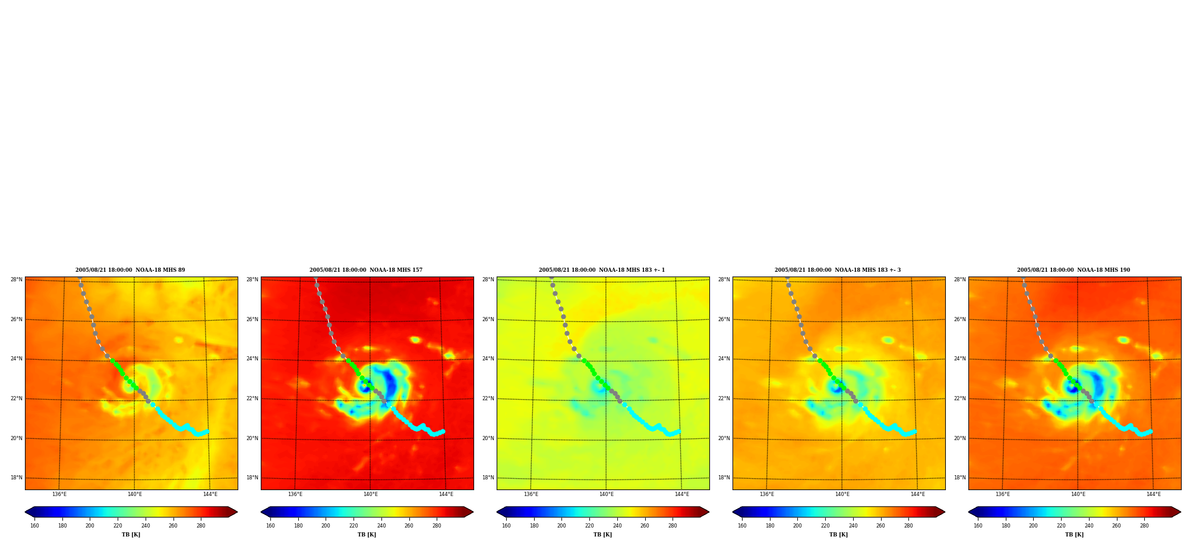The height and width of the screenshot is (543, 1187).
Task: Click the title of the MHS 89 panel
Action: click(x=130, y=270)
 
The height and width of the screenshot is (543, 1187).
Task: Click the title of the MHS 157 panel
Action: click(x=366, y=270)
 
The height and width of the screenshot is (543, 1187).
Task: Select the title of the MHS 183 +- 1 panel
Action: click(x=602, y=270)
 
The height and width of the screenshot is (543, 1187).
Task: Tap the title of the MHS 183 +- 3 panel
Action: click(x=838, y=270)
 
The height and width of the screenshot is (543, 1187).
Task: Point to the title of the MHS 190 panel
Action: click(x=1074, y=270)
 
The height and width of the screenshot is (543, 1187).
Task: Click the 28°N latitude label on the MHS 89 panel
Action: click(x=17, y=280)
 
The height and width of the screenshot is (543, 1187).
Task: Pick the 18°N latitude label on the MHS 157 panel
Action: click(x=252, y=478)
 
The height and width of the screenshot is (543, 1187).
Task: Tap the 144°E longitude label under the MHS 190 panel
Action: click(x=1154, y=494)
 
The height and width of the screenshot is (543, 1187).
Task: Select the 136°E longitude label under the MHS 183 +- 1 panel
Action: click(x=531, y=494)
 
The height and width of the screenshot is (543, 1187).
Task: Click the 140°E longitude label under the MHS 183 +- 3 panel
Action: click(x=842, y=494)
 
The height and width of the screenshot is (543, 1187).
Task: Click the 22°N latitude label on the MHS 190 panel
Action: click(x=960, y=398)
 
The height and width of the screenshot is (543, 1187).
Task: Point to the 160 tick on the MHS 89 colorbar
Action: click(x=34, y=526)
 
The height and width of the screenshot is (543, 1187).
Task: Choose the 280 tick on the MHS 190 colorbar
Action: click(x=1144, y=526)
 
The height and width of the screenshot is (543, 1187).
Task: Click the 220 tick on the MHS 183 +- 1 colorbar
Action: click(x=589, y=526)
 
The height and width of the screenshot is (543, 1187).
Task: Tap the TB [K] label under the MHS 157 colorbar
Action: click(x=367, y=535)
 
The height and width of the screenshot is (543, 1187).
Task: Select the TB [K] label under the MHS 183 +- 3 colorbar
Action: click(x=838, y=535)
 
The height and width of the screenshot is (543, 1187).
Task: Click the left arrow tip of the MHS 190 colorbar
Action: click(x=969, y=512)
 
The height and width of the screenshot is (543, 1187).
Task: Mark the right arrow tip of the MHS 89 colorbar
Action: click(x=237, y=512)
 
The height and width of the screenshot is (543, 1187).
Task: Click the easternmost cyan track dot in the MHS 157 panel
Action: click(x=443, y=431)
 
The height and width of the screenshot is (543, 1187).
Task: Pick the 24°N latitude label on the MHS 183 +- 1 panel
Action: click(x=488, y=359)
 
